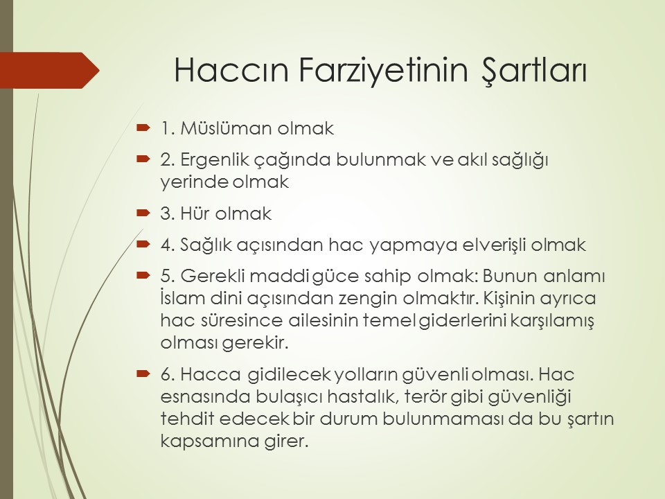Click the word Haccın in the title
pos(231,69)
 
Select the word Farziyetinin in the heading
pos(383,69)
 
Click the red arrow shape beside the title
pos(50,71)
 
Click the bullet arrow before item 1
pos(143,127)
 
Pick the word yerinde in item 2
pos(194,182)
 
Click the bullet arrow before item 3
pos(143,212)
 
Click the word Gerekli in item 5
pos(213,277)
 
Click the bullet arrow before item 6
pos(143,374)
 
